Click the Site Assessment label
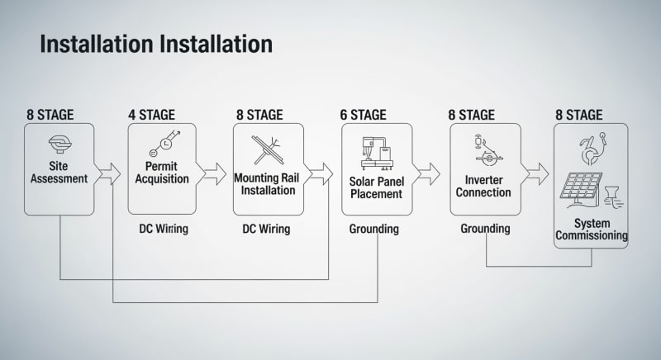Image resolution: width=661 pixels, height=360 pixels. pos(59,172)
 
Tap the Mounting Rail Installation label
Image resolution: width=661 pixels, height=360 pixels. pos(267,184)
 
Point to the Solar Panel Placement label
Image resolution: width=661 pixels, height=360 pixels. pos(375,187)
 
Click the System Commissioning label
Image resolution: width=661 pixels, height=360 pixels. pos(591,230)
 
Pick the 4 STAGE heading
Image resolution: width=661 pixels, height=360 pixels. pos(152,114)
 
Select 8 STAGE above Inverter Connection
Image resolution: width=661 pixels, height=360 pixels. pos(472,114)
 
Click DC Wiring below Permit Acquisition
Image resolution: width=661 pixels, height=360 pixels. pos(164,229)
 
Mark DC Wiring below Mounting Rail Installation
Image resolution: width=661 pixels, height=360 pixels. pos(266,229)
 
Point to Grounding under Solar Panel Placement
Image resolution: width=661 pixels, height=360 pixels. pos(373,229)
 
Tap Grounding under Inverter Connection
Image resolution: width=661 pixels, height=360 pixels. pos(485,229)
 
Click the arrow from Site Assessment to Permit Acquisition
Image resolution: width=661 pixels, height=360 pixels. pos(108,173)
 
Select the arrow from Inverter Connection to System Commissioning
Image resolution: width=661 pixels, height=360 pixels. pos(535,173)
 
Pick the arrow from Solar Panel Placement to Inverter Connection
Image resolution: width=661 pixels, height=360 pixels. pos(427,173)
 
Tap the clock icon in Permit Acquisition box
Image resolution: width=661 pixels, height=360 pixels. pos(166,144)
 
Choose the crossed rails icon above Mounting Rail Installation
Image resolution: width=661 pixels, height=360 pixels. pos(267,149)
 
